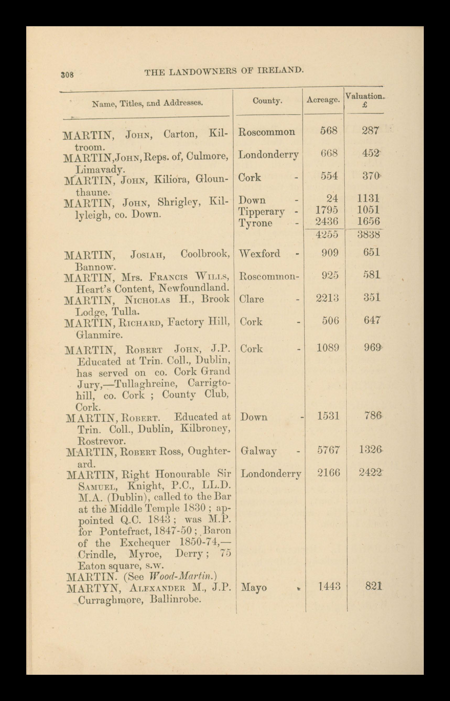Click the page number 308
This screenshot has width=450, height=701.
tap(67, 74)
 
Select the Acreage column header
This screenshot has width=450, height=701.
tap(323, 100)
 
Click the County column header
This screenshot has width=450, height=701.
tap(267, 101)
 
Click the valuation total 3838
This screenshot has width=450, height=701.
tap(369, 234)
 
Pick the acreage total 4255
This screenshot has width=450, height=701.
tap(327, 234)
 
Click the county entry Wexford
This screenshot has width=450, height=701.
tap(259, 253)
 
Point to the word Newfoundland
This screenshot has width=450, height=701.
tap(193, 288)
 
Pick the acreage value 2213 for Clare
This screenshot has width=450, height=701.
tap(328, 298)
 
